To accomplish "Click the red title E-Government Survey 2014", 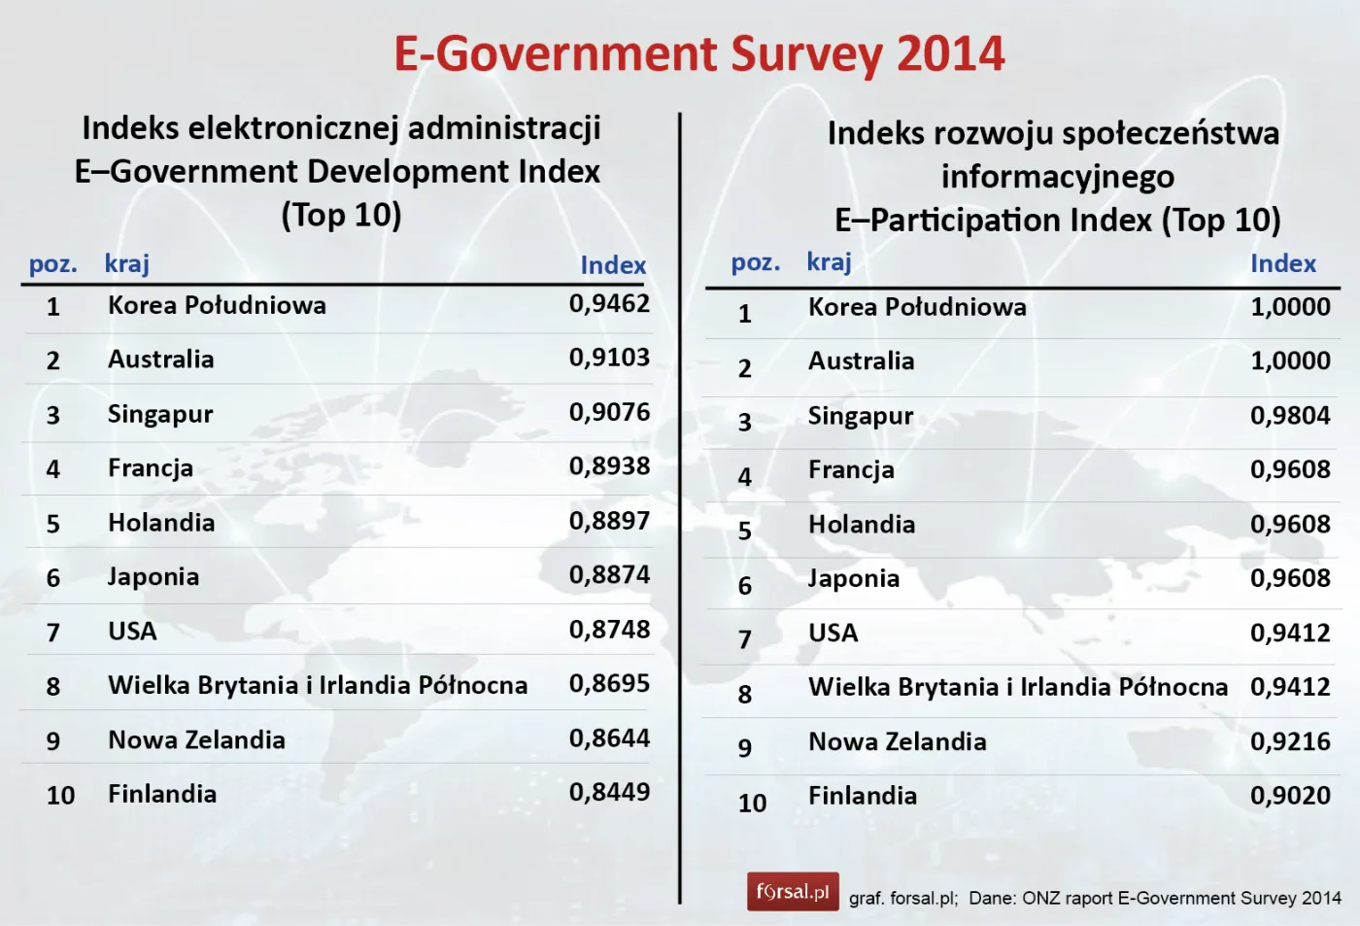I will click(x=698, y=54).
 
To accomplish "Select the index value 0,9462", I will click(x=609, y=304).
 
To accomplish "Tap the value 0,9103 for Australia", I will click(x=609, y=359).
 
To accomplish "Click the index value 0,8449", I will click(x=609, y=793).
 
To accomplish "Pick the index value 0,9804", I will click(x=1290, y=416).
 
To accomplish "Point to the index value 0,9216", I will click(x=1290, y=742).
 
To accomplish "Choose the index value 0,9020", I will click(x=1290, y=796).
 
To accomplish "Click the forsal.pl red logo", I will click(x=793, y=891).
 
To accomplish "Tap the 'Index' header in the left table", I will click(x=613, y=265).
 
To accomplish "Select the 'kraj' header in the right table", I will click(x=829, y=262).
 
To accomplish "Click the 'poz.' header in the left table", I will click(x=52, y=264).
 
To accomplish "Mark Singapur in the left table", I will click(x=160, y=415).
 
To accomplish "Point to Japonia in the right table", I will click(x=854, y=579).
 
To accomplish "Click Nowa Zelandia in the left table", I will click(x=196, y=740).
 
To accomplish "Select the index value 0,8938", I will click(x=609, y=466).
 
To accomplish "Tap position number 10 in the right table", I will click(x=752, y=804).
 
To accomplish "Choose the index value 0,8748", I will click(x=609, y=630).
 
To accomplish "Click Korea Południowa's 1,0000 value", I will click(x=1290, y=307).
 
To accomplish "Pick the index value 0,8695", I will click(x=609, y=684).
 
